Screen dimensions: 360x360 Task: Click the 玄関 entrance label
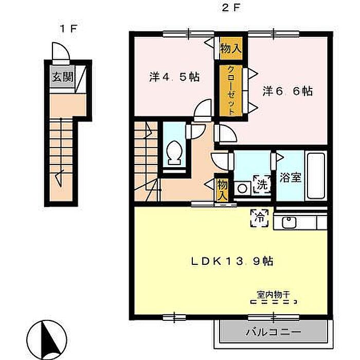62,77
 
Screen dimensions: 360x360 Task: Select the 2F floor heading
230,9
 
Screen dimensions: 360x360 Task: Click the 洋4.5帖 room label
174,77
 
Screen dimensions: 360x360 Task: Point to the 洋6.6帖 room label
287,91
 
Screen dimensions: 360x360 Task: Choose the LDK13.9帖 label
232,261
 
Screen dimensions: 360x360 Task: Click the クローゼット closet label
231,91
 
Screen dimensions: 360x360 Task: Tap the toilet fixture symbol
175,153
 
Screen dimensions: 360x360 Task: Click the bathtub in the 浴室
316,176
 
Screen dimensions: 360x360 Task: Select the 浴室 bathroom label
290,177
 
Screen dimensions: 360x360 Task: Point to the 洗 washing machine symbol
262,184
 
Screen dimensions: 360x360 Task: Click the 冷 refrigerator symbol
259,218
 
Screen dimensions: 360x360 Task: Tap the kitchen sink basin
289,223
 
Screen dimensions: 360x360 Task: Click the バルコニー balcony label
273,332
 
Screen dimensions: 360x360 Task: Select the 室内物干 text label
273,295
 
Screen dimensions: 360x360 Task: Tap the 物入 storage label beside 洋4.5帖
231,48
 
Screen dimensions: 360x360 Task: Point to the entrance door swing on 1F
61,51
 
